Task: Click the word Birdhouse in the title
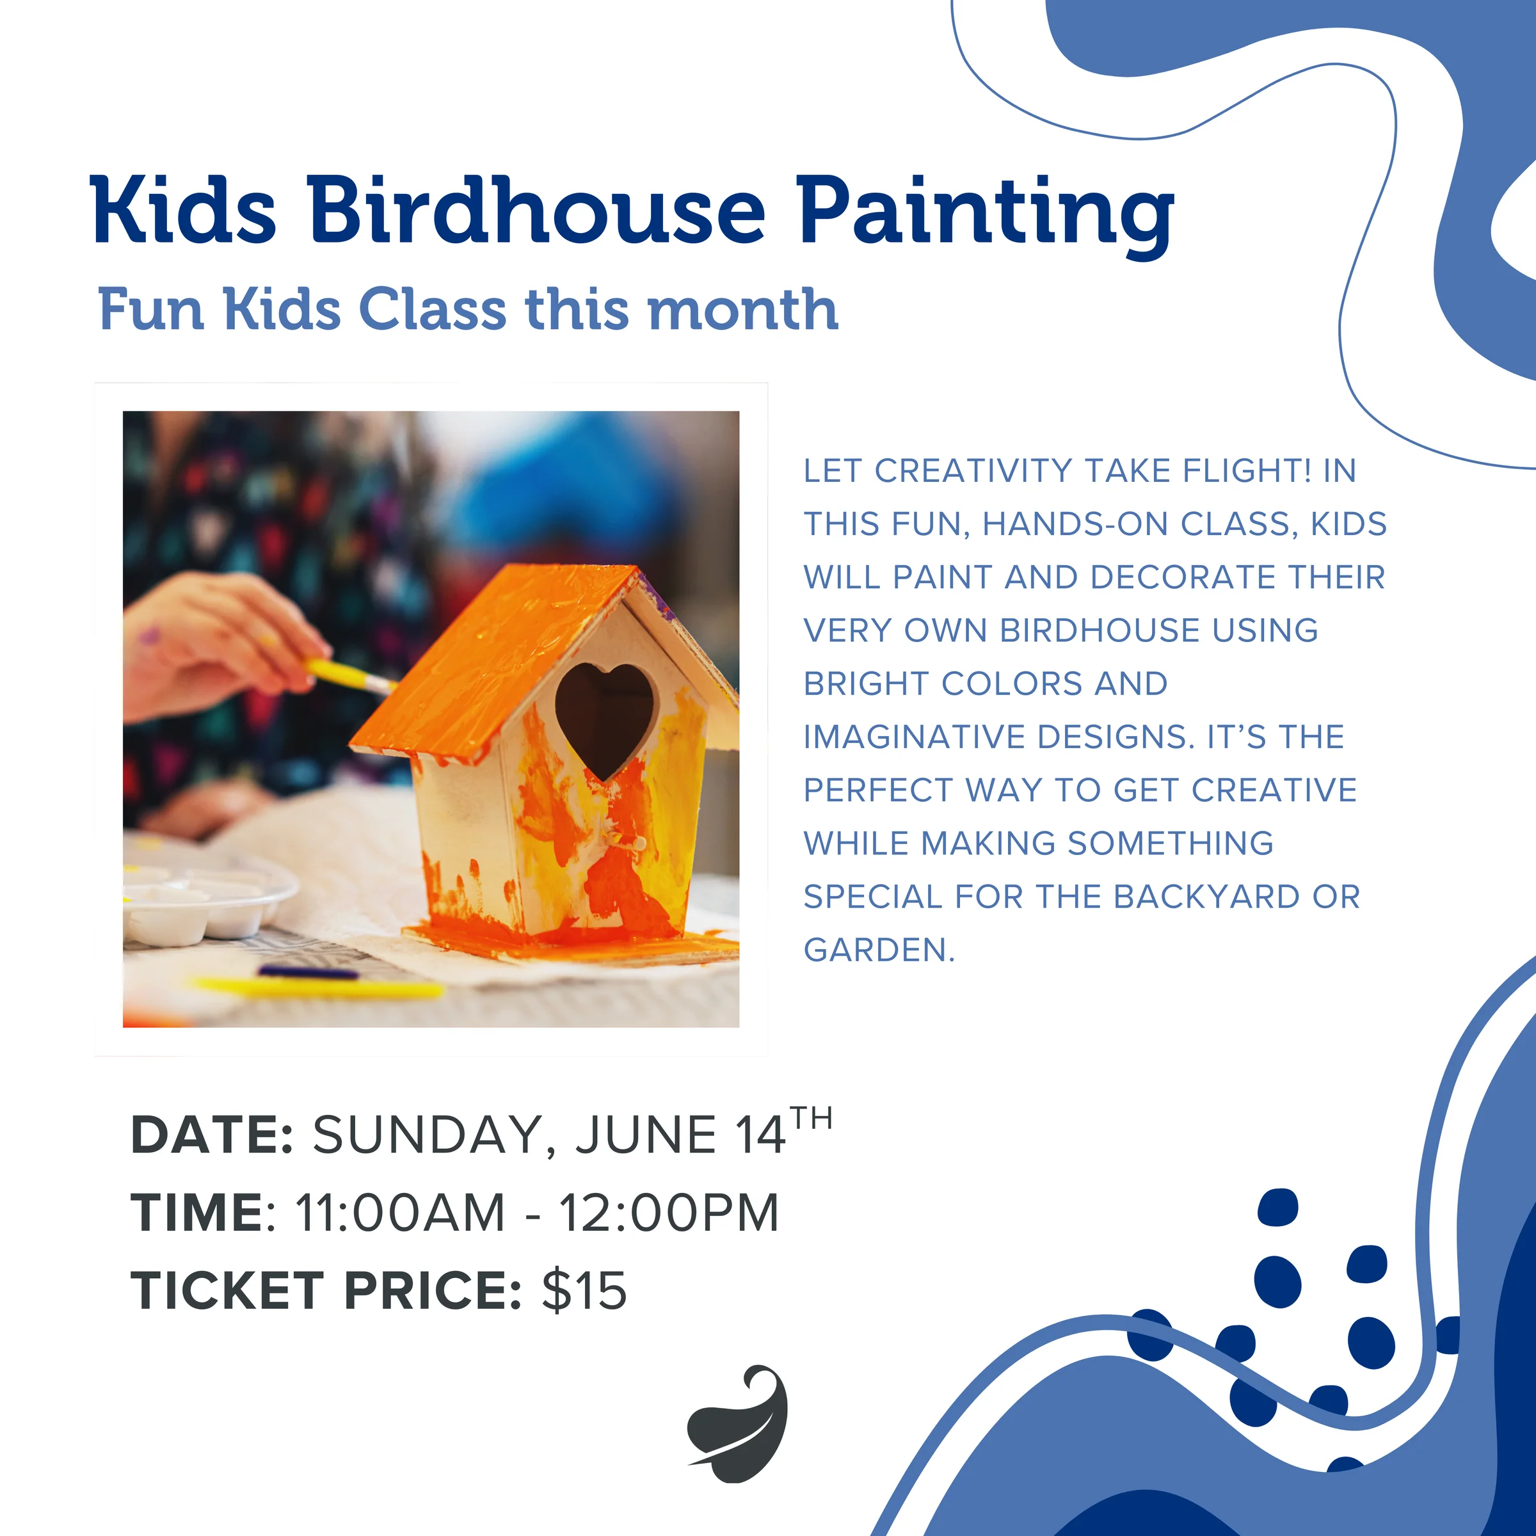pos(537,210)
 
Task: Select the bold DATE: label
pos(212,1135)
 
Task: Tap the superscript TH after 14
pos(812,1119)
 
